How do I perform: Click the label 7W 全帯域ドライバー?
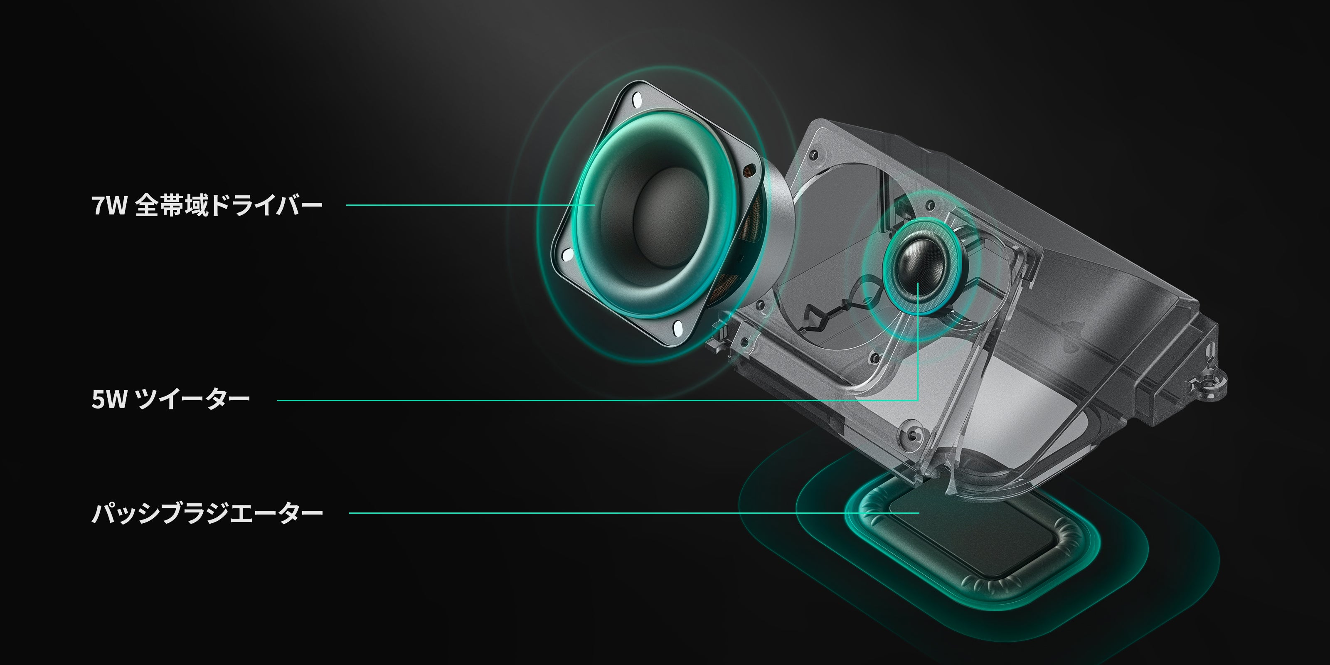pyautogui.click(x=207, y=205)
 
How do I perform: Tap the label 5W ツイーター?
pyautogui.click(x=171, y=399)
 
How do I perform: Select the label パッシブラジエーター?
pyautogui.click(x=207, y=513)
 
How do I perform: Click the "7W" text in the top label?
pyautogui.click(x=109, y=205)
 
